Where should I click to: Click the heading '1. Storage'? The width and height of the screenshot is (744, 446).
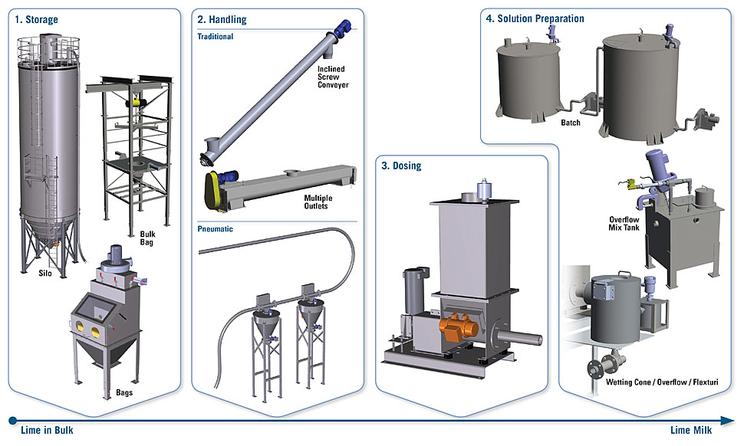[x=36, y=19]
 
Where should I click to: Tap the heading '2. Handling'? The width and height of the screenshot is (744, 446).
[x=222, y=19]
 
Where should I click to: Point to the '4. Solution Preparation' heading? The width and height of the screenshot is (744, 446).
[x=535, y=18]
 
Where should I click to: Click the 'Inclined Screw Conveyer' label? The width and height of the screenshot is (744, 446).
[x=332, y=77]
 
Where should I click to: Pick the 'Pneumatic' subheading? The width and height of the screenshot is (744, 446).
[x=215, y=228]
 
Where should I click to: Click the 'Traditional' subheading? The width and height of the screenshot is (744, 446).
[x=216, y=36]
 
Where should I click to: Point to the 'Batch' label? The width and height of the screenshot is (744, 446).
[x=570, y=122]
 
